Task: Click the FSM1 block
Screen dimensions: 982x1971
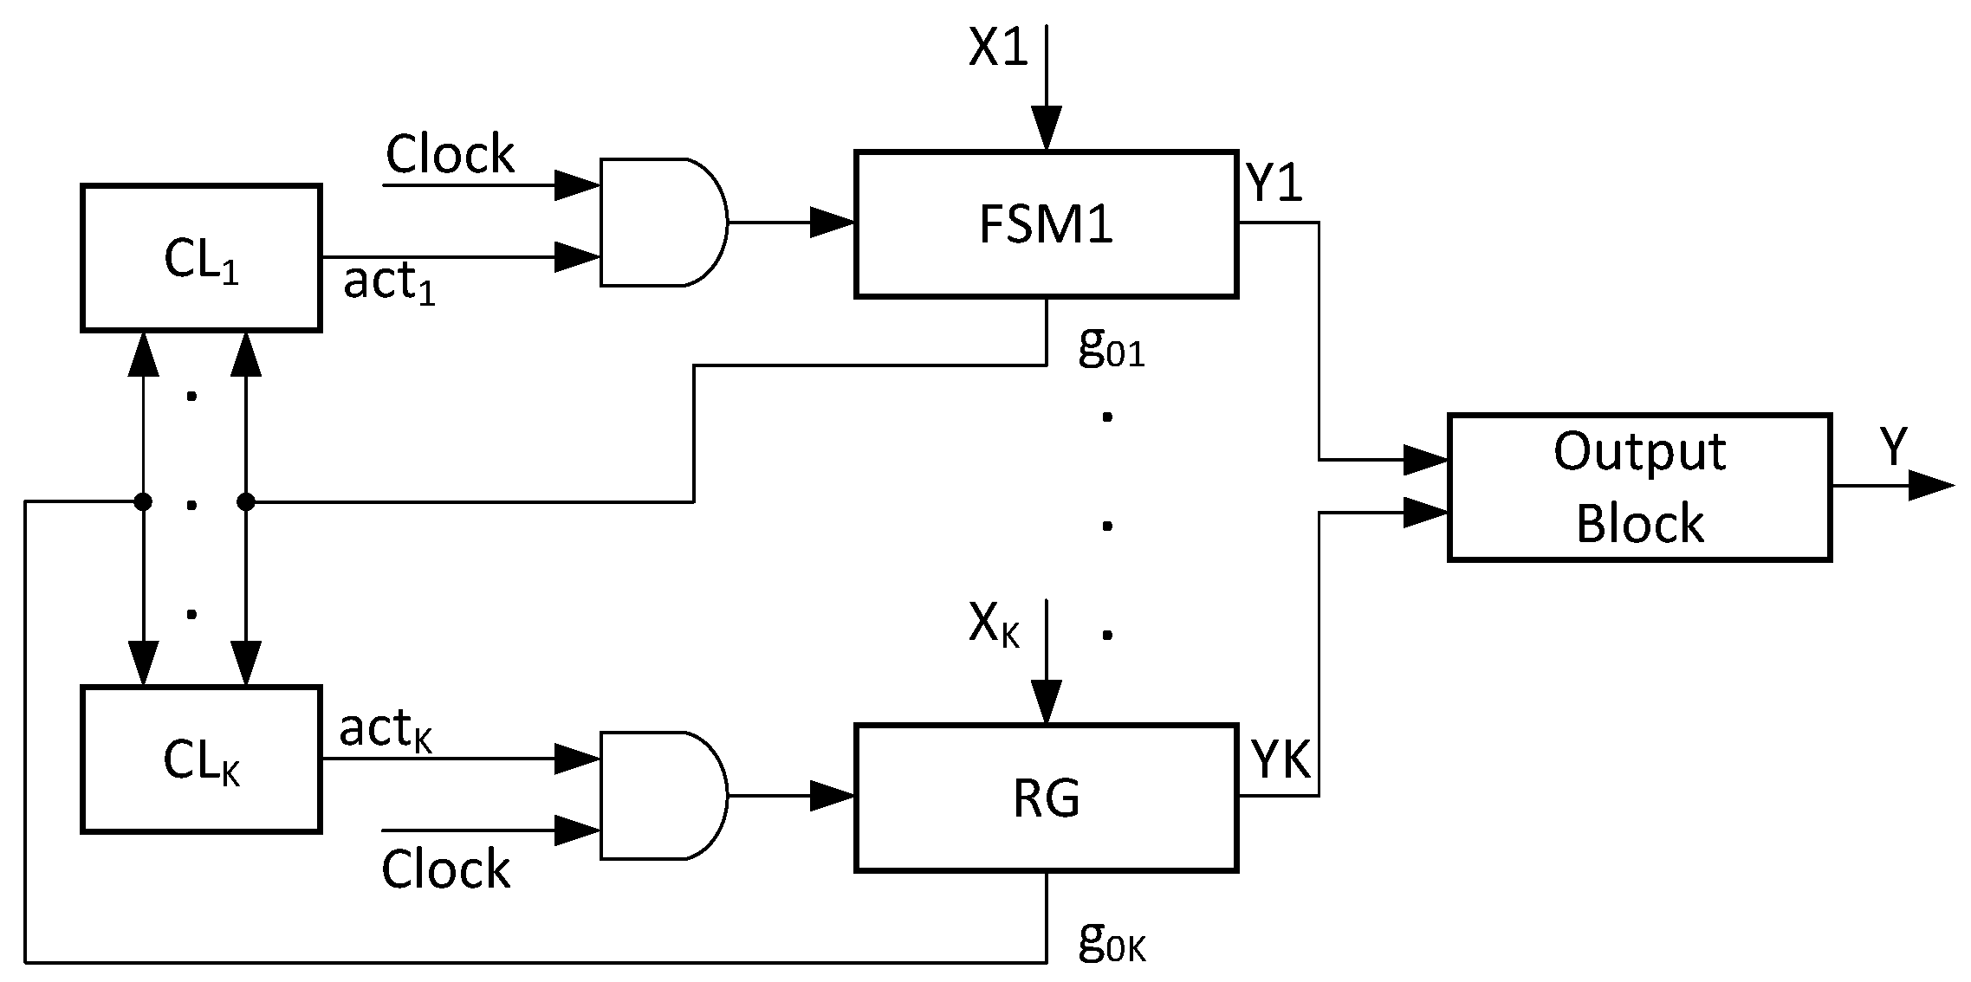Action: click(1046, 225)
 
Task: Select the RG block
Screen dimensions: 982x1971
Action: click(1046, 798)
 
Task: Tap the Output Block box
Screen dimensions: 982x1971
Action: click(1639, 488)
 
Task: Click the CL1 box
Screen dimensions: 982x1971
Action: click(201, 258)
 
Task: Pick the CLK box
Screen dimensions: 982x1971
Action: click(201, 760)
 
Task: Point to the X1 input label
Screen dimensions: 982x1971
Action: click(998, 49)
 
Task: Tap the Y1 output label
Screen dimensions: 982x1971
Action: click(1274, 184)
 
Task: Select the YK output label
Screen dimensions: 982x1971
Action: click(1281, 760)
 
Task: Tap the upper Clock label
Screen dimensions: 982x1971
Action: click(450, 155)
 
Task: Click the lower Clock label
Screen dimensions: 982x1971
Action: click(445, 869)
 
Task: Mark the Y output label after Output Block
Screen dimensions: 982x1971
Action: click(1895, 449)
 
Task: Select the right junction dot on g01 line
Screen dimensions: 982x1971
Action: click(246, 501)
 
